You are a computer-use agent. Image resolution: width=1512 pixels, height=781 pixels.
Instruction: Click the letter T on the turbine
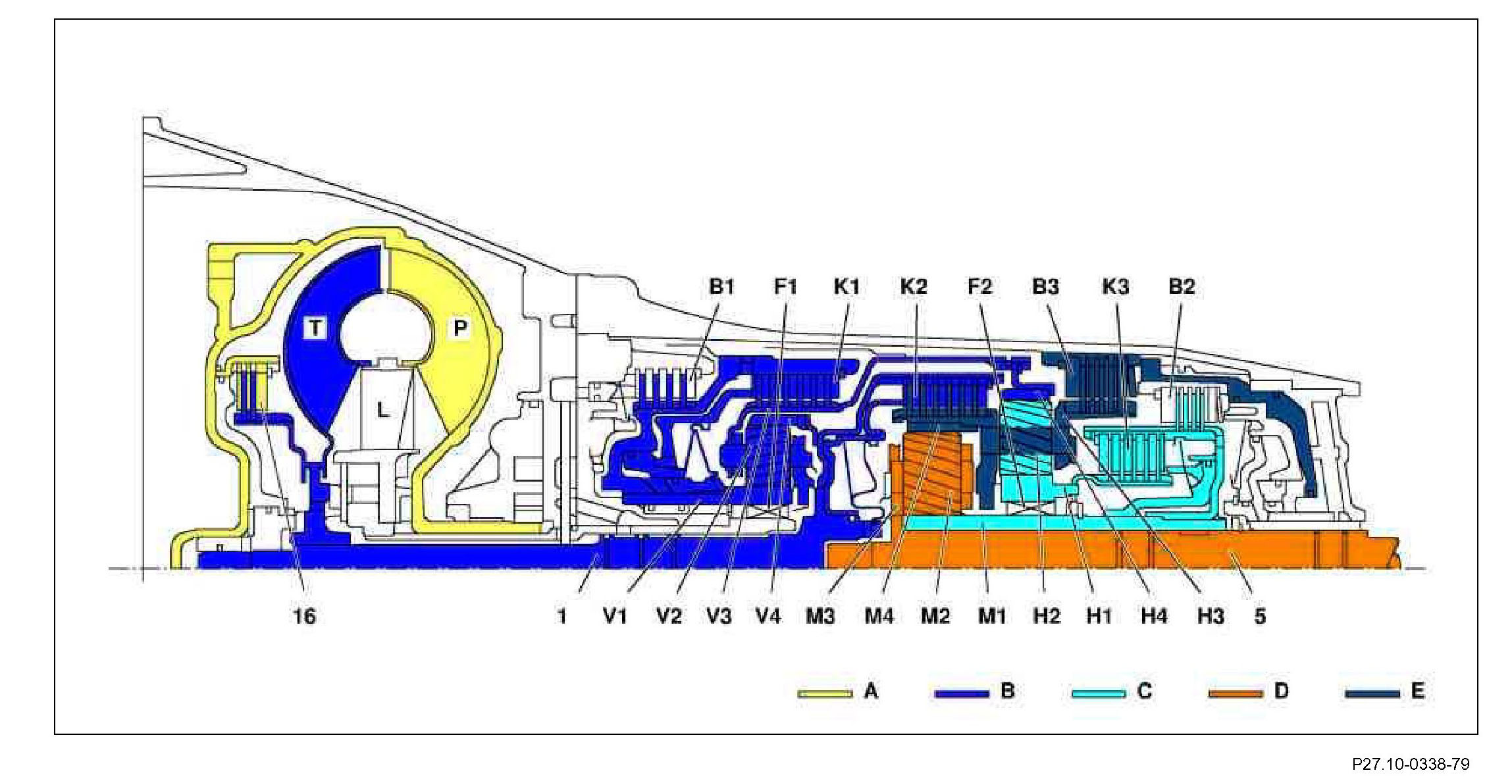point(316,327)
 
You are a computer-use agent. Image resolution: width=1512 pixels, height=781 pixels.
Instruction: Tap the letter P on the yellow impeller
point(459,327)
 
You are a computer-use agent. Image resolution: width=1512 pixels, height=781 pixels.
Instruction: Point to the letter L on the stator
point(382,411)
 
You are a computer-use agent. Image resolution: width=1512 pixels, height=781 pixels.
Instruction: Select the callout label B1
point(721,287)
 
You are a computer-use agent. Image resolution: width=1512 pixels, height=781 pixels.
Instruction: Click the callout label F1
point(785,287)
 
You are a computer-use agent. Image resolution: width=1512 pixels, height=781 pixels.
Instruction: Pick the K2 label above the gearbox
point(913,287)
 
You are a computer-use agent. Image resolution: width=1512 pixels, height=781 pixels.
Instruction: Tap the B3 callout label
point(1045,287)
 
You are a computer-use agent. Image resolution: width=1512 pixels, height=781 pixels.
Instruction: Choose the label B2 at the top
point(1181,287)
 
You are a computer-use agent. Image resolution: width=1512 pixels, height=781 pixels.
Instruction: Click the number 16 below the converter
point(304,617)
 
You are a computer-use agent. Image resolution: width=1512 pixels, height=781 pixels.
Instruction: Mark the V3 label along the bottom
point(719,617)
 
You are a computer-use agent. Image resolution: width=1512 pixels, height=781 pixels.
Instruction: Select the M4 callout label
point(879,617)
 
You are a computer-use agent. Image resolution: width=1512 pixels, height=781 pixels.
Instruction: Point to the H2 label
point(1047,617)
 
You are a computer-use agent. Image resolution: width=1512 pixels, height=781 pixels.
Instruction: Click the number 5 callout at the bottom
point(1259,617)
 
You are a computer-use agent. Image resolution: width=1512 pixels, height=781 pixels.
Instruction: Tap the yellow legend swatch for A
point(825,693)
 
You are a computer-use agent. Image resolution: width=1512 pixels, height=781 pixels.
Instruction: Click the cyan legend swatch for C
point(1098,693)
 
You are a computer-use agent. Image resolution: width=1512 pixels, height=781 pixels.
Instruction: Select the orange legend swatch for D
point(1235,693)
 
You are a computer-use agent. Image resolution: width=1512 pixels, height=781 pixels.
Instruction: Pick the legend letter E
point(1417,691)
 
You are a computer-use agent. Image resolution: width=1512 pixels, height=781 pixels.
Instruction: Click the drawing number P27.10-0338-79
point(1410,764)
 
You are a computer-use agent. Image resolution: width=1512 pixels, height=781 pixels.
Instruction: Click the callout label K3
point(1115,287)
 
